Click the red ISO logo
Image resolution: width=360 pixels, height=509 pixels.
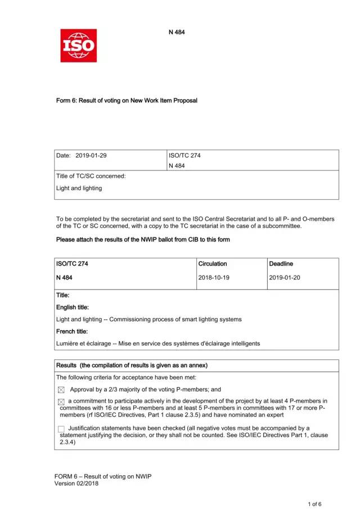tap(78, 46)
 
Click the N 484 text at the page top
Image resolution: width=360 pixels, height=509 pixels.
tap(177, 32)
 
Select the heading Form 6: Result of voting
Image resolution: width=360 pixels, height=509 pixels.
tap(127, 101)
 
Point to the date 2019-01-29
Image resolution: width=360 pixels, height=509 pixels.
tap(91, 155)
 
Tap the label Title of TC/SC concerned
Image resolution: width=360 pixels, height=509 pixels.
tap(91, 176)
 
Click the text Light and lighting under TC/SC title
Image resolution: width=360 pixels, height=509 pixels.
tap(79, 188)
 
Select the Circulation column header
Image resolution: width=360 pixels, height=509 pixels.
tap(213, 263)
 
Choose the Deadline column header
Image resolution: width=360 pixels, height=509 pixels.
tap(281, 263)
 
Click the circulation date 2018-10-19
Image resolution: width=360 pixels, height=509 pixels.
tap(214, 277)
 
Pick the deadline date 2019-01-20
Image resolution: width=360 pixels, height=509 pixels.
tap(285, 277)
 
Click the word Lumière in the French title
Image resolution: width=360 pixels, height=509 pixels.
tap(67, 343)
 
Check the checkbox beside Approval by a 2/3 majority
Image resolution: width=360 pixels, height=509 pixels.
tap(61, 390)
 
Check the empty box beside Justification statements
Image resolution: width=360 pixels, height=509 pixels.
tap(61, 429)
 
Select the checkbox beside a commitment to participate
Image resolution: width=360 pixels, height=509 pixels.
tap(61, 401)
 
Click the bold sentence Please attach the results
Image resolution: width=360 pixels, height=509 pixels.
tap(143, 240)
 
